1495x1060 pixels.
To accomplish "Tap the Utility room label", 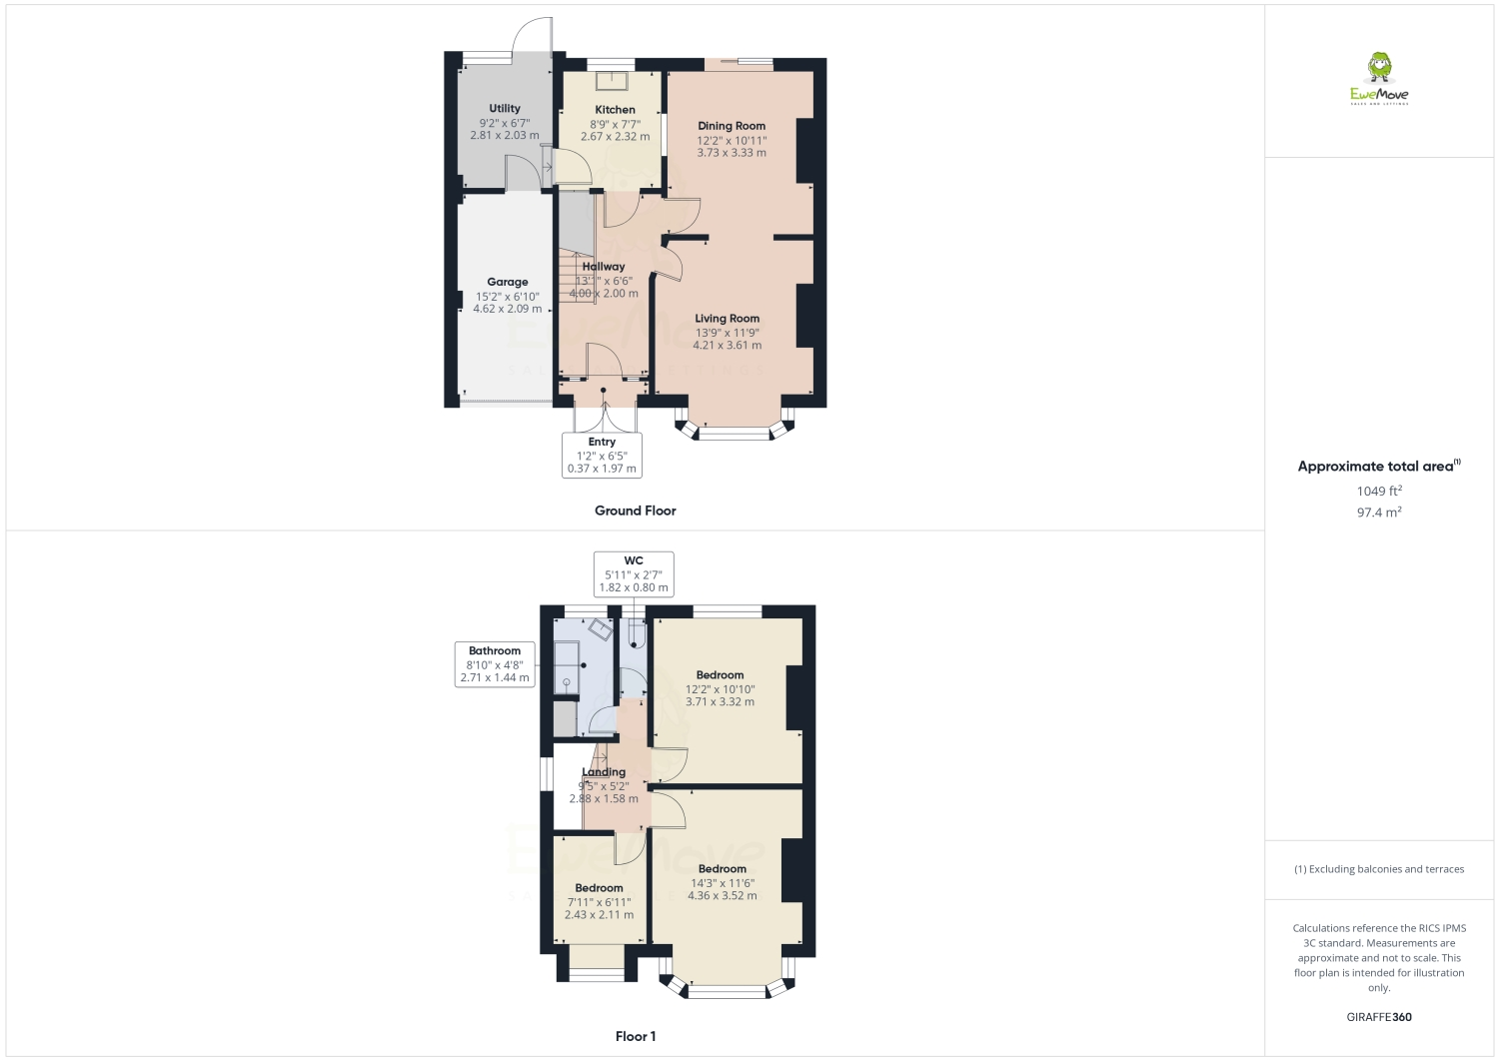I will coord(505,109).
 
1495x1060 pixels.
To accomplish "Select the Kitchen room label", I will coord(615,110).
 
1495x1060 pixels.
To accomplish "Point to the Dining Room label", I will coord(732,127).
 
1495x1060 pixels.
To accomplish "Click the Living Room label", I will coord(727,319).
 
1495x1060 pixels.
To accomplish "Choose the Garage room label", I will coord(508,282).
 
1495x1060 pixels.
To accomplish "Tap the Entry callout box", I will coord(602,455).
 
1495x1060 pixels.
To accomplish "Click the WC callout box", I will coord(634,574).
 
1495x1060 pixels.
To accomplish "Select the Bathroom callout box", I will coord(495,664).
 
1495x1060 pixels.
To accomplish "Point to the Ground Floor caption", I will coord(636,511).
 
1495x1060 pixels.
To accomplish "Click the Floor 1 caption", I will coord(636,1036).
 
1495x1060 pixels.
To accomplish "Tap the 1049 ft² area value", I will coord(1379,491).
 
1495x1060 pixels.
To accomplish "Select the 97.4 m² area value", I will coord(1379,512).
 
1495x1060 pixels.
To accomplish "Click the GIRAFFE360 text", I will coord(1379,1017).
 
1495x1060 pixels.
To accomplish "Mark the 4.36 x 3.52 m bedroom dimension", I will coord(722,896).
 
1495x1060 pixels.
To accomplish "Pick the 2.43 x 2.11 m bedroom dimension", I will coord(599,914).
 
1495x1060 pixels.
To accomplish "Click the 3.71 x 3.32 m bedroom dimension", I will coord(720,702).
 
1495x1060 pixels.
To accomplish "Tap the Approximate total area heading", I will coord(1379,467).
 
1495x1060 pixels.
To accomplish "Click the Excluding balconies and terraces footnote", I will coord(1379,869).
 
